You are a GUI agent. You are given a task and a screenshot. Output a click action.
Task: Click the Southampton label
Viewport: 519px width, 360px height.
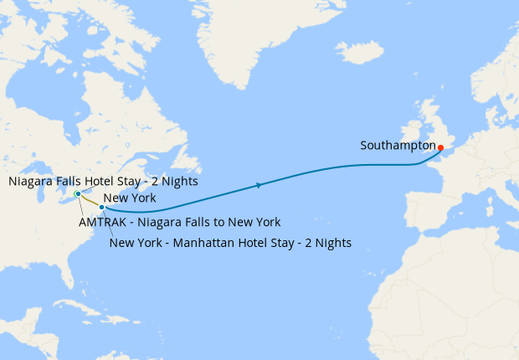pyautogui.click(x=398, y=146)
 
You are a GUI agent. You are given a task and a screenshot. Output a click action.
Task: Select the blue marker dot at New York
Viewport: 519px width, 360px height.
pyautogui.click(x=101, y=207)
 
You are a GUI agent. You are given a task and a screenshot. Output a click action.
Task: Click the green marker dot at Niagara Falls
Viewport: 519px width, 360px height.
pyautogui.click(x=77, y=194)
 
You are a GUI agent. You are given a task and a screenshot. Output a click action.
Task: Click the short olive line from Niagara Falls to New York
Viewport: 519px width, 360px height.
pyautogui.click(x=89, y=201)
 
